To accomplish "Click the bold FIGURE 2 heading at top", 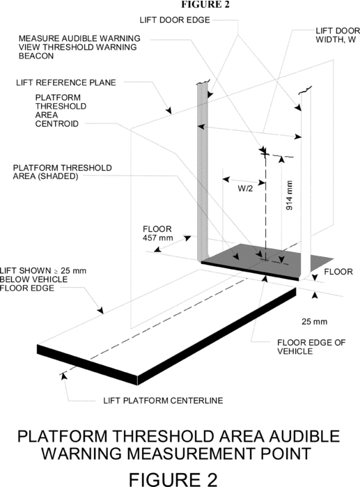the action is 205,4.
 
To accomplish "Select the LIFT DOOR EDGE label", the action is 175,20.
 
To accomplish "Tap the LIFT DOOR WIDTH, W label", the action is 338,36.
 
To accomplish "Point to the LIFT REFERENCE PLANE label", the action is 66,83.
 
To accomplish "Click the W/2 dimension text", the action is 245,189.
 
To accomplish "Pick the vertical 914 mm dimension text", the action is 289,195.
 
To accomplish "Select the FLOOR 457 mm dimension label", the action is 157,233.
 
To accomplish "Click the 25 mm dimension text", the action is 314,321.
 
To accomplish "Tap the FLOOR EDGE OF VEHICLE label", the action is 311,347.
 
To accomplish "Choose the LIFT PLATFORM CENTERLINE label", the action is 163,401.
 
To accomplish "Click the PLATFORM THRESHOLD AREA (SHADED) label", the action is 63,172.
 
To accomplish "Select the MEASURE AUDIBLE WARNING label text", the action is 79,38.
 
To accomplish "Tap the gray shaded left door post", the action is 201,171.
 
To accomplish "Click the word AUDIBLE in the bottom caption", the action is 304,436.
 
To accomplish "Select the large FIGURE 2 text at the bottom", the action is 173,479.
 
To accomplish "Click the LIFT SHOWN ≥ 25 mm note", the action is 43,279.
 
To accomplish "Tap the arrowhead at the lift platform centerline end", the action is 64,376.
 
